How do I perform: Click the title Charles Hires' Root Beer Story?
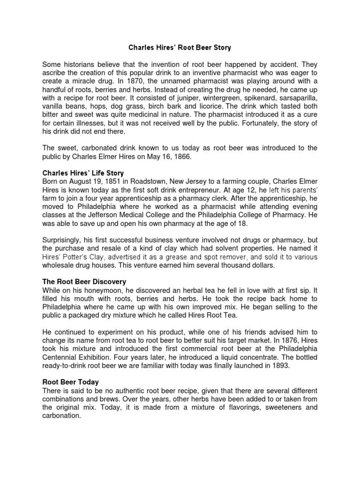[x=180, y=48]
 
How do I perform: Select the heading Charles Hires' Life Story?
[x=83, y=173]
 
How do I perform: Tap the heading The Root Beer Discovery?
[x=84, y=282]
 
